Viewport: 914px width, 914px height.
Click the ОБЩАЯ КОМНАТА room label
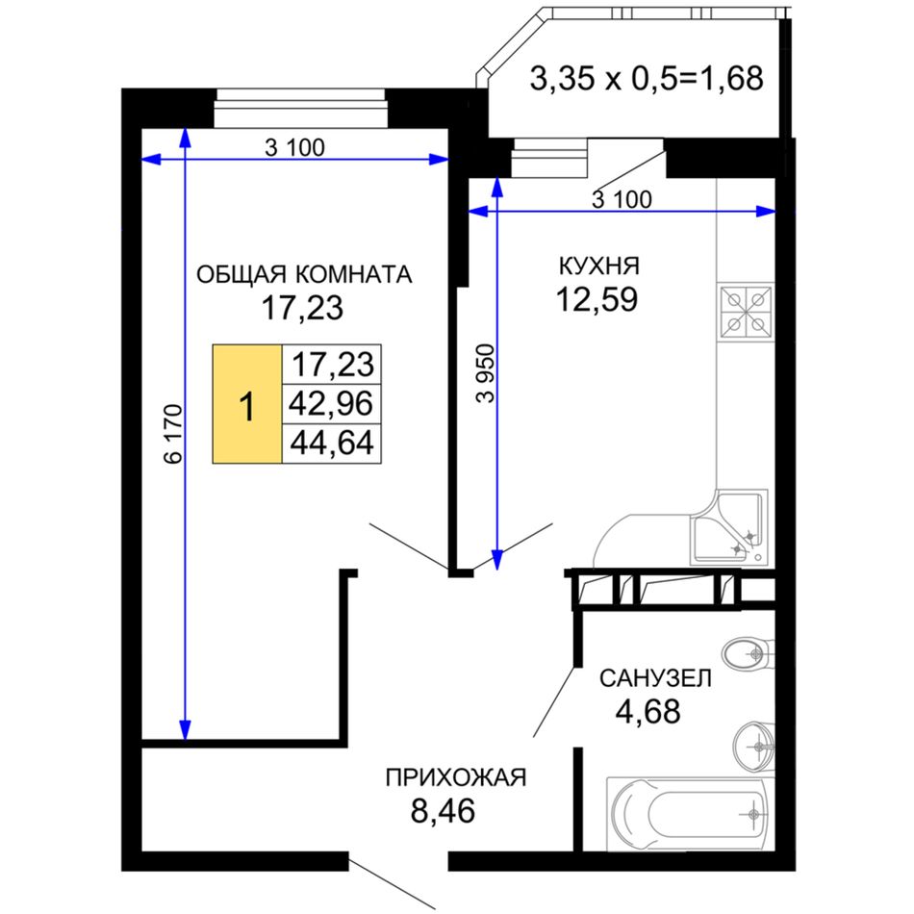click(304, 274)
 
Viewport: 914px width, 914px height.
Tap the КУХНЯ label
click(599, 266)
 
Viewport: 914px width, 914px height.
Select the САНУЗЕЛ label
click(656, 678)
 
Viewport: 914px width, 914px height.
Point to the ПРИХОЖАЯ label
click(456, 777)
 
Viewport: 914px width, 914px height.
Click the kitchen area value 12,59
click(597, 300)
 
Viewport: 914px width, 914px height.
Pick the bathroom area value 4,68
click(648, 712)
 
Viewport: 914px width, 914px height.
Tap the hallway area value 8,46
click(443, 811)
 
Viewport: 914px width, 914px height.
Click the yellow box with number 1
click(247, 404)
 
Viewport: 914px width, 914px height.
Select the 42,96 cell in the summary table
click(331, 403)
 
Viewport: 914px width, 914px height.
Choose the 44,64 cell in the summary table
click(331, 443)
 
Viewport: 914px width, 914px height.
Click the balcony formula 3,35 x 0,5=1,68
click(646, 78)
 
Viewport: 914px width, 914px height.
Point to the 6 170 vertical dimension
click(174, 434)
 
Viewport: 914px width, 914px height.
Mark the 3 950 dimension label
click(485, 373)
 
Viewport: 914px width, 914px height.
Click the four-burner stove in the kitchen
click(746, 313)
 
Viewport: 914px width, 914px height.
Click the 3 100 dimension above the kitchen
click(622, 200)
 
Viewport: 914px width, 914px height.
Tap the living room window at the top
click(300, 108)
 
